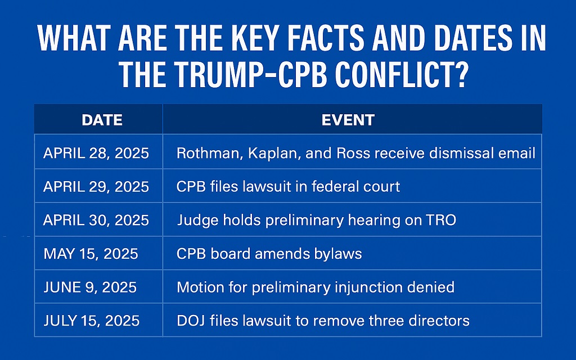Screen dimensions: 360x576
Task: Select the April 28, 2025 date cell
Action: pos(96,153)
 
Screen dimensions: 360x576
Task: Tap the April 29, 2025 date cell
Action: pos(96,186)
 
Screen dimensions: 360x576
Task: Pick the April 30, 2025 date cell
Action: pos(96,219)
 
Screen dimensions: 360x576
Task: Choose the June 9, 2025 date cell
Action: pos(91,287)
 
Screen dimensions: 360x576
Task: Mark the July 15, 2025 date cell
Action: pos(92,321)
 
